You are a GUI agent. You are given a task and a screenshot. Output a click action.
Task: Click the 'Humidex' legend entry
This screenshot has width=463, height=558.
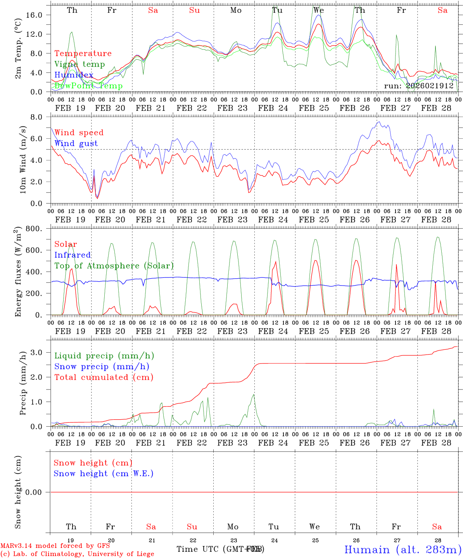(x=74, y=75)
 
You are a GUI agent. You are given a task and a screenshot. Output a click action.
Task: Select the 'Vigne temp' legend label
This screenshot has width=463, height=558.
(x=79, y=64)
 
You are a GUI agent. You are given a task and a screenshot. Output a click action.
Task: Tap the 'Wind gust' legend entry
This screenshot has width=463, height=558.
(x=76, y=143)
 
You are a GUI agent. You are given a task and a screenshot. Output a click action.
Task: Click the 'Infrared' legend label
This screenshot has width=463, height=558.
(x=73, y=255)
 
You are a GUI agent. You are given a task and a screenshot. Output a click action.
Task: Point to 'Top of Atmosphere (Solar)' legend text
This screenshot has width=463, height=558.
(x=114, y=266)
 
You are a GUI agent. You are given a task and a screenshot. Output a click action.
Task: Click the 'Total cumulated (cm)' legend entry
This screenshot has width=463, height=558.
(x=104, y=377)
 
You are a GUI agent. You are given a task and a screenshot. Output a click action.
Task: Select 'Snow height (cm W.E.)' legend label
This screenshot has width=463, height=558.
(x=104, y=474)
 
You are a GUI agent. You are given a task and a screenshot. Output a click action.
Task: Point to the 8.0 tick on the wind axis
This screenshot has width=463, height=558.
(x=41, y=117)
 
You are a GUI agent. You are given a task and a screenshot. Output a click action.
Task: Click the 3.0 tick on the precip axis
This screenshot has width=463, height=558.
(x=41, y=352)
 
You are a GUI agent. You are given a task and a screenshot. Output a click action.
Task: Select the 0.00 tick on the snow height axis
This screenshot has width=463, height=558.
(x=38, y=492)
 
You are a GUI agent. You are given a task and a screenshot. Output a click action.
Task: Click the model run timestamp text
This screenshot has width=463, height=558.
(x=419, y=86)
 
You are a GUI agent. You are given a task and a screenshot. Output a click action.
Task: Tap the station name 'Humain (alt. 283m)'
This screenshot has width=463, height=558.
(x=403, y=549)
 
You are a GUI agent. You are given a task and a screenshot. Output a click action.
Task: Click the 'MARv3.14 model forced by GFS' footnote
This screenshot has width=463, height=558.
(x=55, y=546)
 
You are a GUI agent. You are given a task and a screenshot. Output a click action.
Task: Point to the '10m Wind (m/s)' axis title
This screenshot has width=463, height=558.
(x=22, y=160)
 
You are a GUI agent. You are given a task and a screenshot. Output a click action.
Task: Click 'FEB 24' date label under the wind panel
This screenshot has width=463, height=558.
(x=273, y=220)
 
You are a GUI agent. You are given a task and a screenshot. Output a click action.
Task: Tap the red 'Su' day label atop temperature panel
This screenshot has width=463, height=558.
(x=194, y=10)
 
